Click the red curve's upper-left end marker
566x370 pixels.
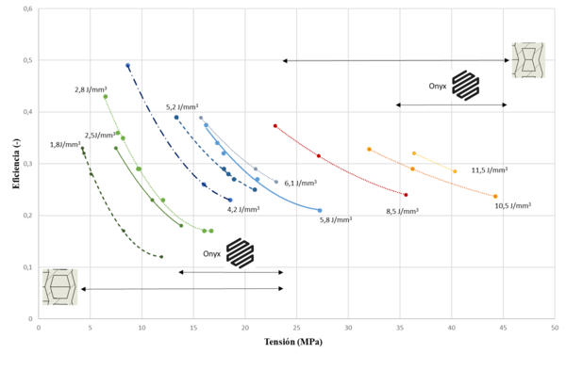(275, 125)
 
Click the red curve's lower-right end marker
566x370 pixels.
(406, 194)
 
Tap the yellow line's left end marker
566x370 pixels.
(413, 153)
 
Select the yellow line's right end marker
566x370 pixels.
(455, 171)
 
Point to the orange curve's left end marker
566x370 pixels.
(369, 149)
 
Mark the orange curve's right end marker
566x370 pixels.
(495, 196)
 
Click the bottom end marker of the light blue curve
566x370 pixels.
(320, 210)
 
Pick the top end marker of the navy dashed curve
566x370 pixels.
(127, 65)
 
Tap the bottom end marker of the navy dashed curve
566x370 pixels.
(230, 200)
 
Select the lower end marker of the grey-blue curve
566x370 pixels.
(276, 182)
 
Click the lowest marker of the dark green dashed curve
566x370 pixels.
(161, 257)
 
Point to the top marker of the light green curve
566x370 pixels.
(105, 96)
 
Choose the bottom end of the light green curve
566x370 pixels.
(211, 231)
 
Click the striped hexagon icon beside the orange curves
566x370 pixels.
(466, 86)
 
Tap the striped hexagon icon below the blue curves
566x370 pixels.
(240, 252)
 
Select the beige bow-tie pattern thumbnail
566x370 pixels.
(528, 60)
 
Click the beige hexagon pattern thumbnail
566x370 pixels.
(58, 286)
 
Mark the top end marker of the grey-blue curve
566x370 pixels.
(200, 118)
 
